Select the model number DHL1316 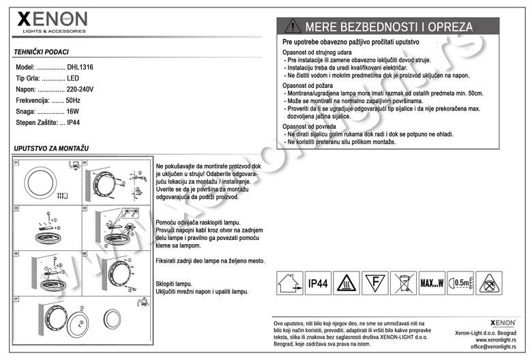click(x=80, y=68)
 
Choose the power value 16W click(x=73, y=111)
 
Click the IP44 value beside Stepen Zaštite click(x=74, y=122)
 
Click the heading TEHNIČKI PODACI click(x=42, y=52)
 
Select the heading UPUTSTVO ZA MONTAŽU click(x=51, y=148)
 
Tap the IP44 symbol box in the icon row click(x=319, y=282)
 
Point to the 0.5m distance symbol click(x=460, y=282)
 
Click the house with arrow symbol click(x=289, y=282)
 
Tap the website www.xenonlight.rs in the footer click(x=496, y=340)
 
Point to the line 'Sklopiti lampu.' click(x=175, y=283)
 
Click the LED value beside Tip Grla click(x=73, y=79)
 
